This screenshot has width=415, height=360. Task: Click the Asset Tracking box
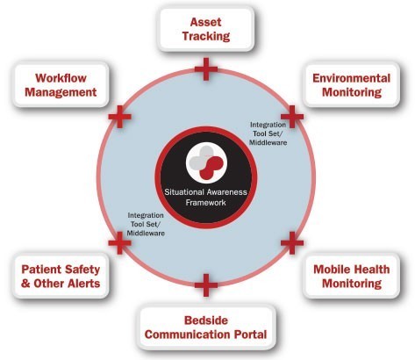206,29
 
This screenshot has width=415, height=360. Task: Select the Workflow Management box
61,85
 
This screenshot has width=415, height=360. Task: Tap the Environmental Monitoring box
351,85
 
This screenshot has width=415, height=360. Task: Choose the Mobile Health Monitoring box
351,276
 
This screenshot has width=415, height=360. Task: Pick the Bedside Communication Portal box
206,328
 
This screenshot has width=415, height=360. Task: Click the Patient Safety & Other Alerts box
61,276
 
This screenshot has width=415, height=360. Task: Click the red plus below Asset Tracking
206,69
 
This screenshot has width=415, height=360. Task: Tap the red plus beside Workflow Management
119,117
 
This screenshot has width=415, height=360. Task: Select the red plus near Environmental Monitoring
292,117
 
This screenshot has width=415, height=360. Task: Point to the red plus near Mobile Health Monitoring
292,242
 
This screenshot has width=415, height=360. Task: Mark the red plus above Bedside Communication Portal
206,285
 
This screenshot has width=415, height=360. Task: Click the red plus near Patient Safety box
119,242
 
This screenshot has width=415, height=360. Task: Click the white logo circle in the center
206,162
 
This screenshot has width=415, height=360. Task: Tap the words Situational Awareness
205,192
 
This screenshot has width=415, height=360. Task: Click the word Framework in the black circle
205,203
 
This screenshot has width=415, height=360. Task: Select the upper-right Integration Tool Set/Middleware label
268,133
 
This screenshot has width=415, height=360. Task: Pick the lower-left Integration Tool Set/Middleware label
146,224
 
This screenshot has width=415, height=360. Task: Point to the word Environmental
351,78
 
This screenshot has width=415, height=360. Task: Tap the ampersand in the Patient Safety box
25,284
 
